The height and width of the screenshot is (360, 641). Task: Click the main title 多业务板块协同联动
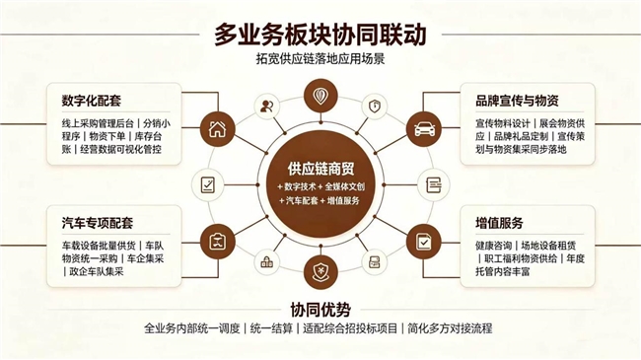click(320, 35)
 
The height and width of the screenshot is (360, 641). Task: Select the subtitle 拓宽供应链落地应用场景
click(320, 59)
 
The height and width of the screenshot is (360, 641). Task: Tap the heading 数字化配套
click(92, 101)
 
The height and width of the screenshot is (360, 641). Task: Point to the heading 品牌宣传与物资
click(517, 101)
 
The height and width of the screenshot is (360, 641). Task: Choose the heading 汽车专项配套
click(98, 223)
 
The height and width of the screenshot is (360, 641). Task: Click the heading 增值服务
click(499, 223)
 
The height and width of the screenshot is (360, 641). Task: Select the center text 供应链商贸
click(320, 169)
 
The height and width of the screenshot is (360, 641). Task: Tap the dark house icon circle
click(218, 129)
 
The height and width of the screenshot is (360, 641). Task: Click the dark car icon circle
click(424, 129)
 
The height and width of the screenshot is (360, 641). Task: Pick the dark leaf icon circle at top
click(320, 96)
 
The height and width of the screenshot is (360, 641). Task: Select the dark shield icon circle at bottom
click(320, 271)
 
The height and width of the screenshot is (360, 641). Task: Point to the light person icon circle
click(267, 107)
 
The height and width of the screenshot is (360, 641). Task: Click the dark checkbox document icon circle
click(424, 242)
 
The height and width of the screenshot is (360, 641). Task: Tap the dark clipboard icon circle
click(218, 242)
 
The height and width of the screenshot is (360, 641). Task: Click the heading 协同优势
click(320, 310)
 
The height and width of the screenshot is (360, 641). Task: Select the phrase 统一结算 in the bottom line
click(271, 328)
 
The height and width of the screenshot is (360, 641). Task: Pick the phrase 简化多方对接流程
click(450, 328)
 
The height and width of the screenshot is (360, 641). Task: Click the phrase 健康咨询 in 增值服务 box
click(493, 246)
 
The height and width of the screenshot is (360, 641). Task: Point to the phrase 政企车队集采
click(97, 271)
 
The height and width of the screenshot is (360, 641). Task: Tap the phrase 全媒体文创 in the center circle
click(344, 187)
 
